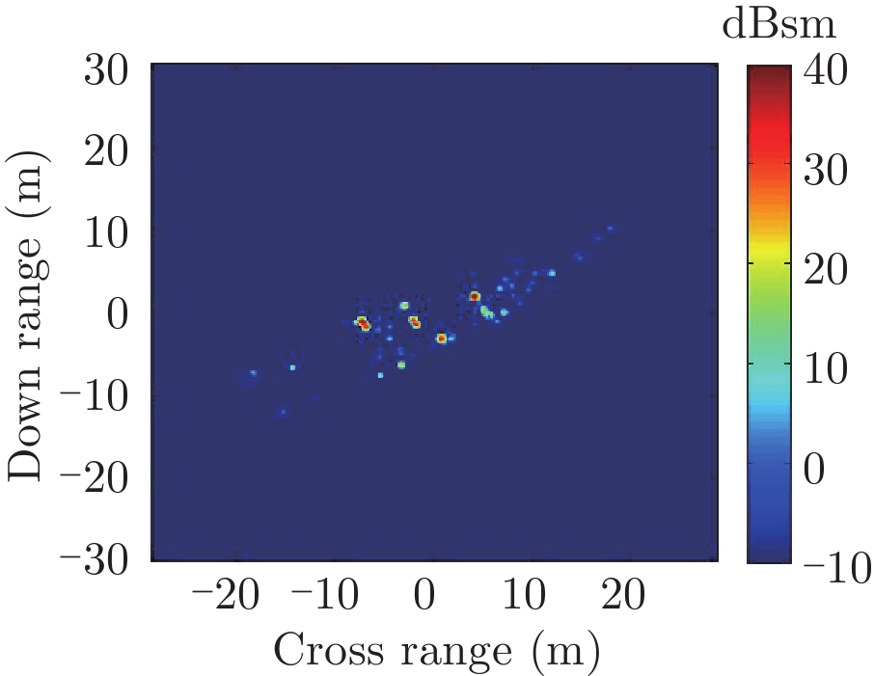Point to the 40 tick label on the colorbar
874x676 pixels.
point(826,72)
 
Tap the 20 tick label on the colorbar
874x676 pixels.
point(826,271)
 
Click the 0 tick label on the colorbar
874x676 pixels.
point(814,470)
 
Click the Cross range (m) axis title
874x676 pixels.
point(436,651)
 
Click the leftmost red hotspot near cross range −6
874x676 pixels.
point(363,324)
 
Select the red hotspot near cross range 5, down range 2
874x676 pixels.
point(475,296)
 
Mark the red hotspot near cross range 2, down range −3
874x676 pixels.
point(441,338)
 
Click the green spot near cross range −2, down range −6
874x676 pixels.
point(401,365)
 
